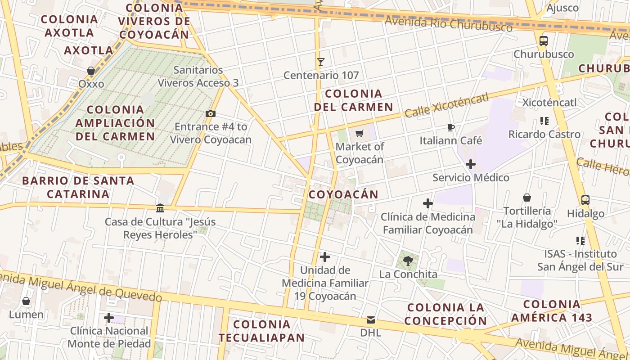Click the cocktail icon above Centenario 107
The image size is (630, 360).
pos(321,62)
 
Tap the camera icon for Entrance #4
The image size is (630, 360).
pos(210,113)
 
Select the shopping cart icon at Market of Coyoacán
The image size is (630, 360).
pos(359,133)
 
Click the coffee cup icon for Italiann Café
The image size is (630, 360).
pos(451,128)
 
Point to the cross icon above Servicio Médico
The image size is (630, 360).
pos(471,164)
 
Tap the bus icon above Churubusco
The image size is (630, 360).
pos(544,41)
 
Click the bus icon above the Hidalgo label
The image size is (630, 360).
pos(585,200)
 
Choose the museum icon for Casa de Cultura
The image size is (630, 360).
pos(160,208)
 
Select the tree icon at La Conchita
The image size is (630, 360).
pos(408,261)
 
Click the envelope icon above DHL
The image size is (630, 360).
pos(371,320)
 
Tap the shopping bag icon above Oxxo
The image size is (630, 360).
pos(91,71)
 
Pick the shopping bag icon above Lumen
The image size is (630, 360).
pos(26,301)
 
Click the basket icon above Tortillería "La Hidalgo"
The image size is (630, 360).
pos(527,198)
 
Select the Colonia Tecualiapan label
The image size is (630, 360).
pos(261,331)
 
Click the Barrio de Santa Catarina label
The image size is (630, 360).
pos(78,187)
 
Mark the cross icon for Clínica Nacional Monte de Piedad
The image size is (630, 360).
pos(109,318)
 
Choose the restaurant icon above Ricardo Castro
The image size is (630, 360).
pos(544,121)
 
